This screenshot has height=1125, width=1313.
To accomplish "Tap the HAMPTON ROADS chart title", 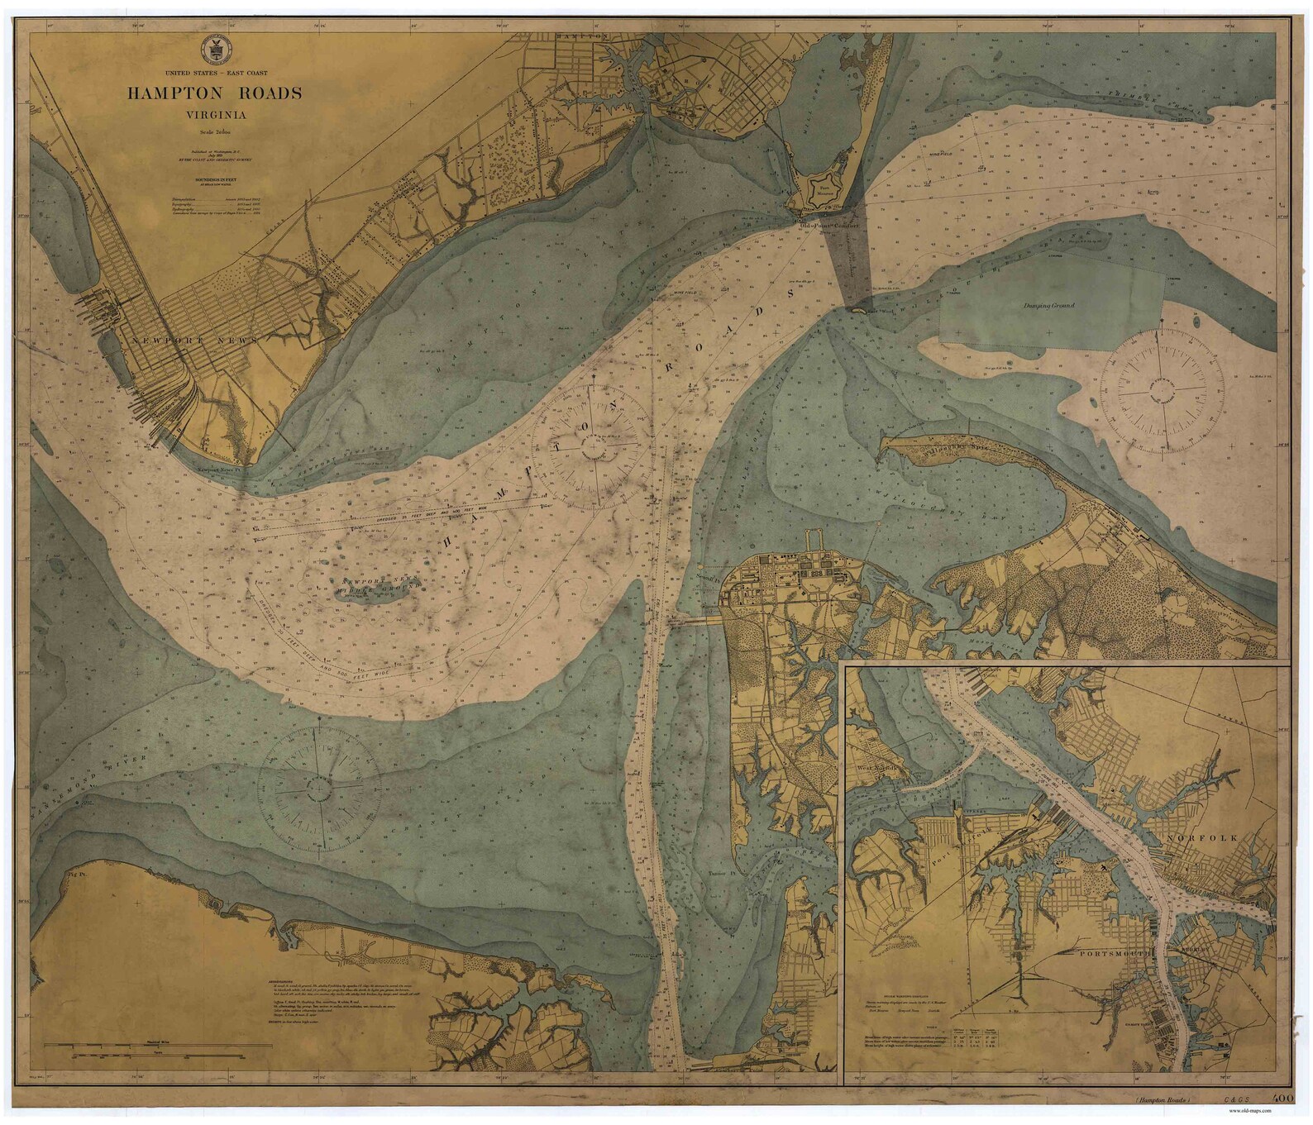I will point(214,93).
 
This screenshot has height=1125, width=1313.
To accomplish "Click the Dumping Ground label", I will point(1048,306).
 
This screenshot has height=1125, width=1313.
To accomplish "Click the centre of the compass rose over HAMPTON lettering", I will point(593,447).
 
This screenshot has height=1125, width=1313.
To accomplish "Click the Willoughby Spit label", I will point(958,455).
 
